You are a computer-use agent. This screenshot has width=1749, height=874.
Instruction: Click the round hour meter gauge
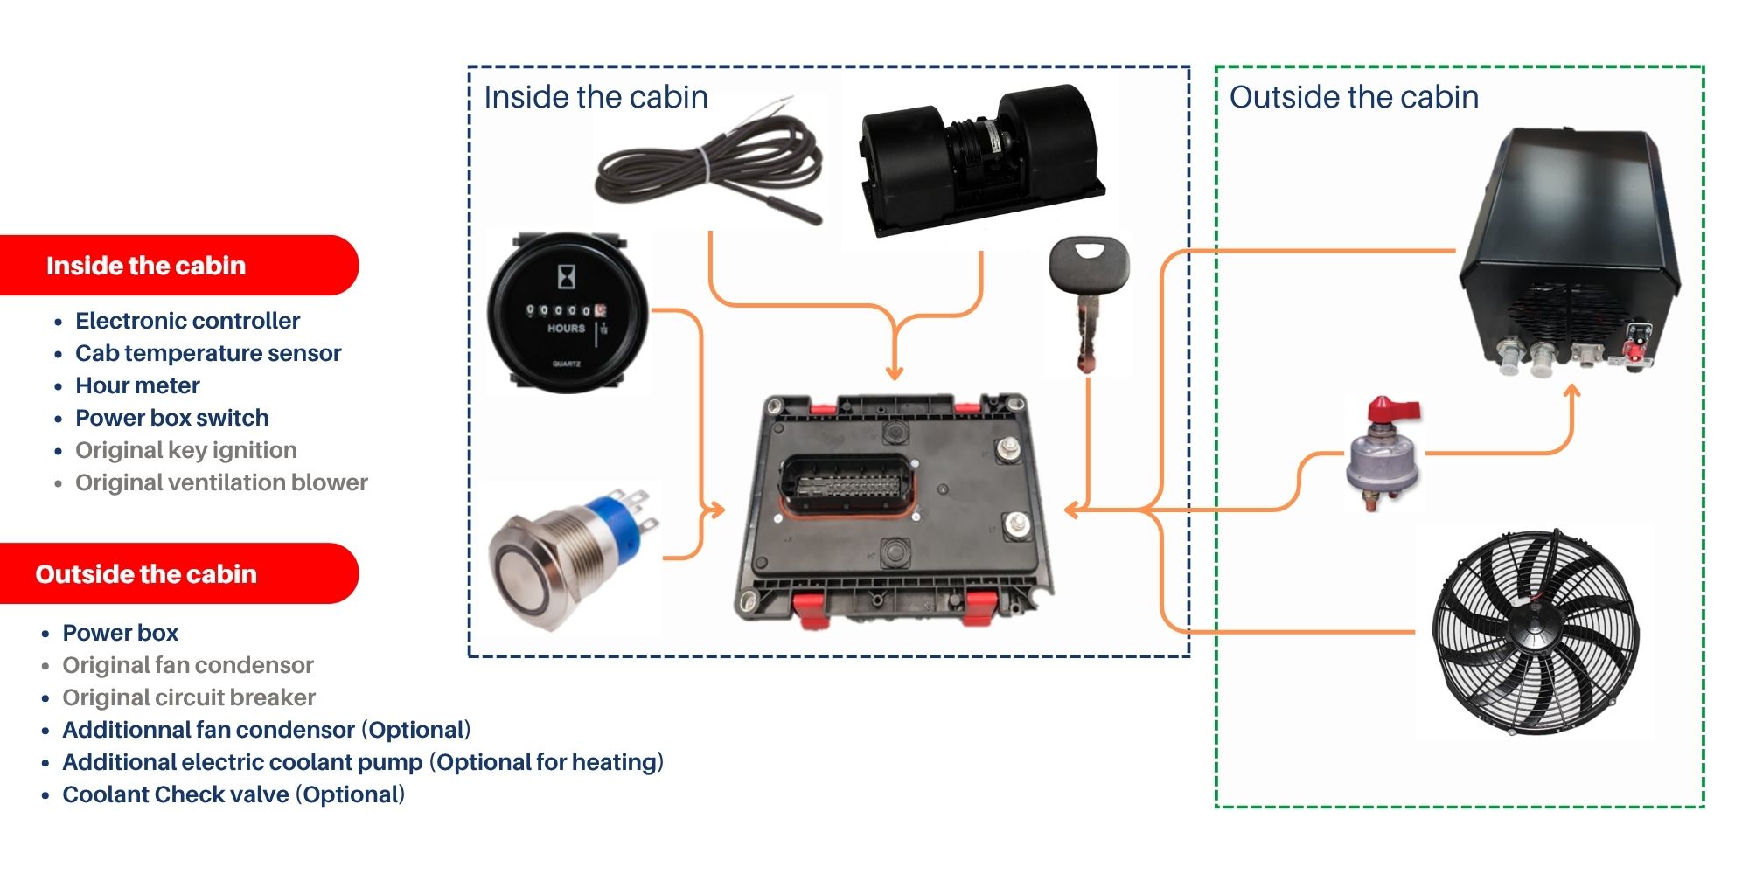click(568, 313)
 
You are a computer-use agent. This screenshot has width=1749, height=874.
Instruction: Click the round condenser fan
click(1536, 629)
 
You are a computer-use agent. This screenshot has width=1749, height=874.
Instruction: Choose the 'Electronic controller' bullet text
click(187, 321)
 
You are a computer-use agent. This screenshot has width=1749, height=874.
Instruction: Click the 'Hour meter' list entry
click(137, 385)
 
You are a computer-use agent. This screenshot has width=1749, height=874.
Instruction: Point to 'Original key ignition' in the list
click(185, 450)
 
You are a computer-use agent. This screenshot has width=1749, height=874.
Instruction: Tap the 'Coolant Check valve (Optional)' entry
click(233, 794)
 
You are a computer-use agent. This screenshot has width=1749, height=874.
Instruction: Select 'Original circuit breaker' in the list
click(189, 697)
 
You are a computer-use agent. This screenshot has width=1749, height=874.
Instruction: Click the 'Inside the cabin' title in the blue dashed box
click(596, 97)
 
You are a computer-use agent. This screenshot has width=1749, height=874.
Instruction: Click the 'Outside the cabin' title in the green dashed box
click(1354, 97)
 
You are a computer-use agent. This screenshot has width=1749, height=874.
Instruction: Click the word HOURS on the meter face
click(566, 329)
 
